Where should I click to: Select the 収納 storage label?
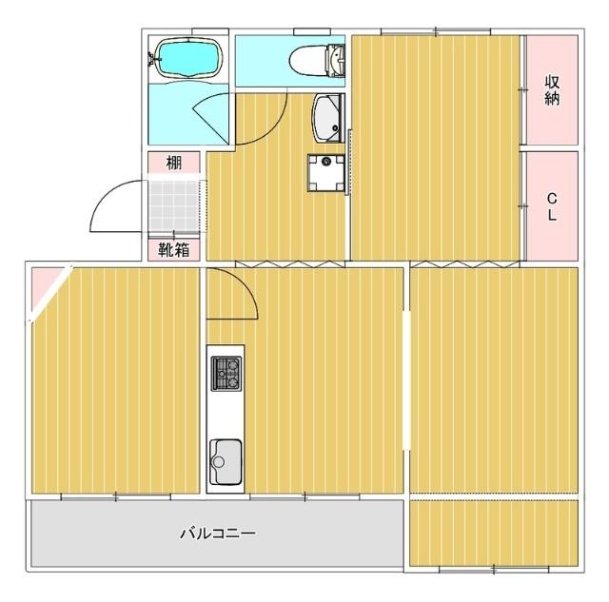click(551, 89)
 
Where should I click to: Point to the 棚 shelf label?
click(174, 163)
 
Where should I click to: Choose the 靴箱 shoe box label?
click(174, 250)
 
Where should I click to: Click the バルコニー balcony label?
click(218, 534)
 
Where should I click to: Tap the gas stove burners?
click(226, 373)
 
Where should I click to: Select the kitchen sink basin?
click(226, 460)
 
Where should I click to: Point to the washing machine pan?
click(327, 173)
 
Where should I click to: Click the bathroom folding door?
click(211, 119)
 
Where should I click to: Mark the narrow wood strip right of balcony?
click(493, 532)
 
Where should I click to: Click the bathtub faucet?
click(153, 59)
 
